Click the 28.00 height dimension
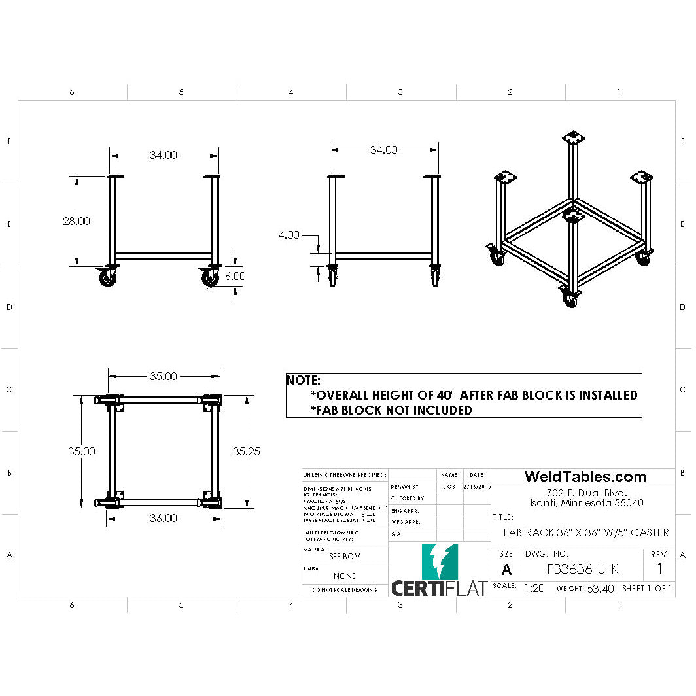pos(77,221)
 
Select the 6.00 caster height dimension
pos(235,276)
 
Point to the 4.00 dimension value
pos(288,235)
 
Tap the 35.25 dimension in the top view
pos(247,451)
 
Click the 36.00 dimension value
pos(163,518)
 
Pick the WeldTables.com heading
pos(585,477)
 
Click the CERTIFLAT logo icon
pos(440,561)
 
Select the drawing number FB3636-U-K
pos(582,569)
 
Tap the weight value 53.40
pos(600,589)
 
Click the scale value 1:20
pos(534,588)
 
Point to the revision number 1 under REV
pos(660,569)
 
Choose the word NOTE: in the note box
pos(304,380)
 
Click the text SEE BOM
pos(345,557)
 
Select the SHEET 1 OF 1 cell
pos(647,589)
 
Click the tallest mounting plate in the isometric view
pos(574,139)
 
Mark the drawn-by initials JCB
pos(449,487)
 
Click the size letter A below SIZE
pos(506,570)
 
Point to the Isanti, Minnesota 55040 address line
pos(586,503)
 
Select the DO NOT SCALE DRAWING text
pos(345,590)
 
